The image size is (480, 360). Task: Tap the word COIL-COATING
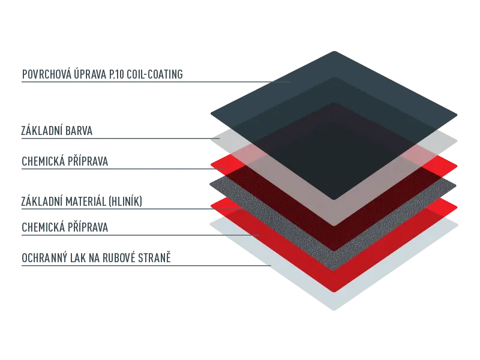tap(155, 74)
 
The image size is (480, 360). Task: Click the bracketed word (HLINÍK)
tap(125, 202)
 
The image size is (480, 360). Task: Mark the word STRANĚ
tap(154, 258)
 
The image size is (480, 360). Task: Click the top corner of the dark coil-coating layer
tap(334, 52)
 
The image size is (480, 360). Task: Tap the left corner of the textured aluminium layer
tap(211, 184)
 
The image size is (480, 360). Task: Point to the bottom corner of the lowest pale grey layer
tap(334, 310)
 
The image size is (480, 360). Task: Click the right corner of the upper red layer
tap(457, 167)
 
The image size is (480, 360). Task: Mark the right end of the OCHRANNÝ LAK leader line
tap(271, 265)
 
